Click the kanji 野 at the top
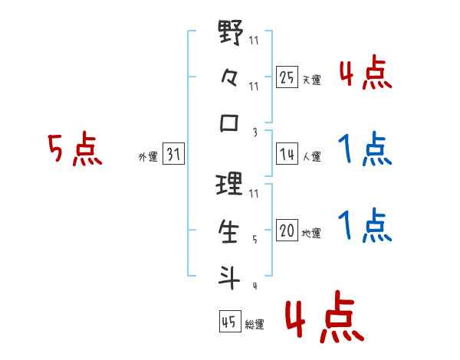[230, 34]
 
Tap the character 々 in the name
[230, 78]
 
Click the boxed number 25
[287, 77]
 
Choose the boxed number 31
[173, 155]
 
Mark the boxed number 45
[229, 322]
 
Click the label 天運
[311, 80]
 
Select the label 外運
[147, 157]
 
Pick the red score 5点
[74, 150]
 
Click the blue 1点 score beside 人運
[366, 149]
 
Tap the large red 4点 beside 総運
[324, 319]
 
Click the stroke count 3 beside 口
[254, 132]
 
